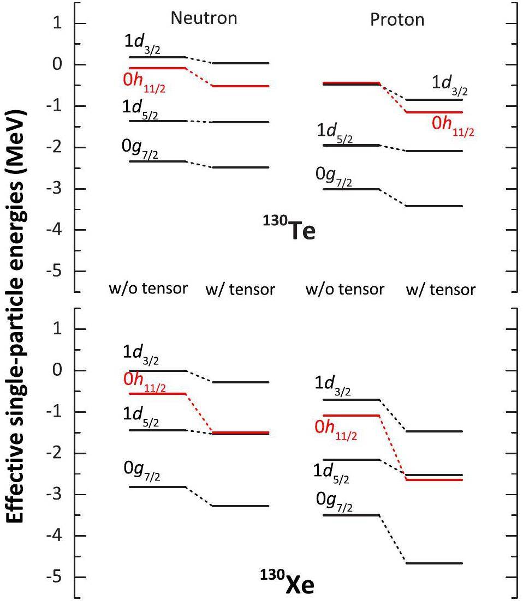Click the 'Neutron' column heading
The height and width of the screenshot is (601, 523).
204,18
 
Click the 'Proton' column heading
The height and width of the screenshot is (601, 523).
397,20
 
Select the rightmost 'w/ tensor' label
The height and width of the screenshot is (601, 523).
441,289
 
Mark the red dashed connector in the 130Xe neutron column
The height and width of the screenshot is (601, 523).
199,413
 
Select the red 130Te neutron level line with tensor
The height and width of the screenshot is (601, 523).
240,86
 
